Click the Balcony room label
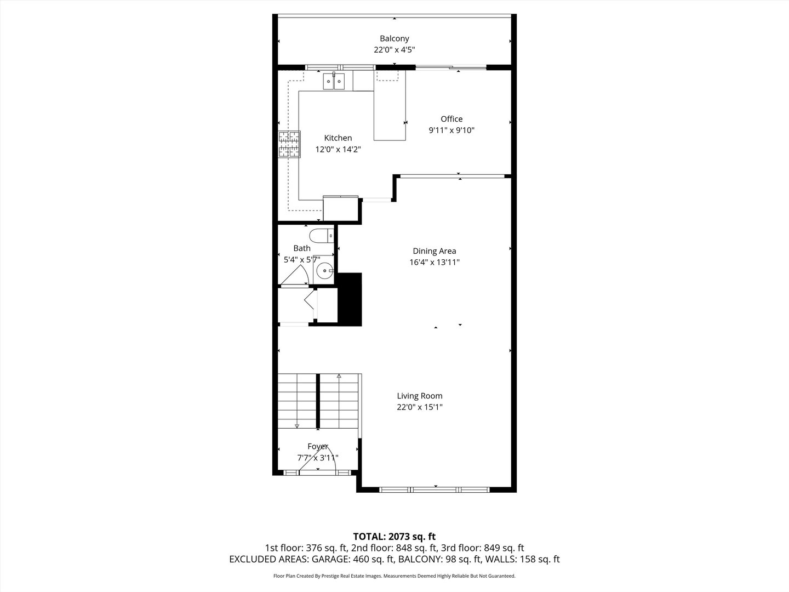[394, 38]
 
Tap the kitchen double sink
[333, 82]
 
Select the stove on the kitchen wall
[289, 144]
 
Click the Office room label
[451, 119]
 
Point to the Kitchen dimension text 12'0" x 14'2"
[338, 149]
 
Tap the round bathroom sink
[325, 270]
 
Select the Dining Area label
[434, 251]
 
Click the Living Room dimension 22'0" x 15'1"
[419, 407]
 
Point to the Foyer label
[317, 447]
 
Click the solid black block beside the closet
[350, 299]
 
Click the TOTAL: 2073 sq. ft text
[394, 536]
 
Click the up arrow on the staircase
[339, 377]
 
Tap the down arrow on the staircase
[296, 425]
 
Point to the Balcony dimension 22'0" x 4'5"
[394, 50]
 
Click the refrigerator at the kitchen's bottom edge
[340, 208]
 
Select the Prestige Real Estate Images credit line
[394, 576]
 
